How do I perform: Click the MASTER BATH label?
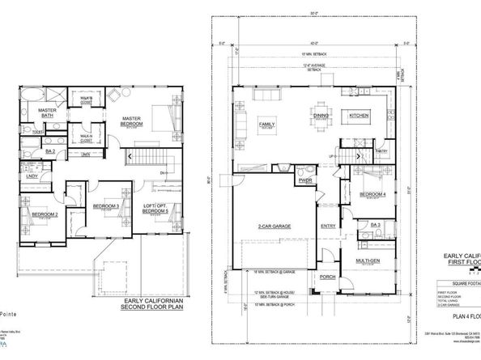pos(45,113)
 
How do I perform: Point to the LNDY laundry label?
pos(32,176)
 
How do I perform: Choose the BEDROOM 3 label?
pos(106,206)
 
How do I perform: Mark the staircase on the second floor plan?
pos(151,155)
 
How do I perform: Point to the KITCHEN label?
pos(360,116)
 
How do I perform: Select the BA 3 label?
pos(375,224)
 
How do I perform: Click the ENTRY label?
pos(328,226)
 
